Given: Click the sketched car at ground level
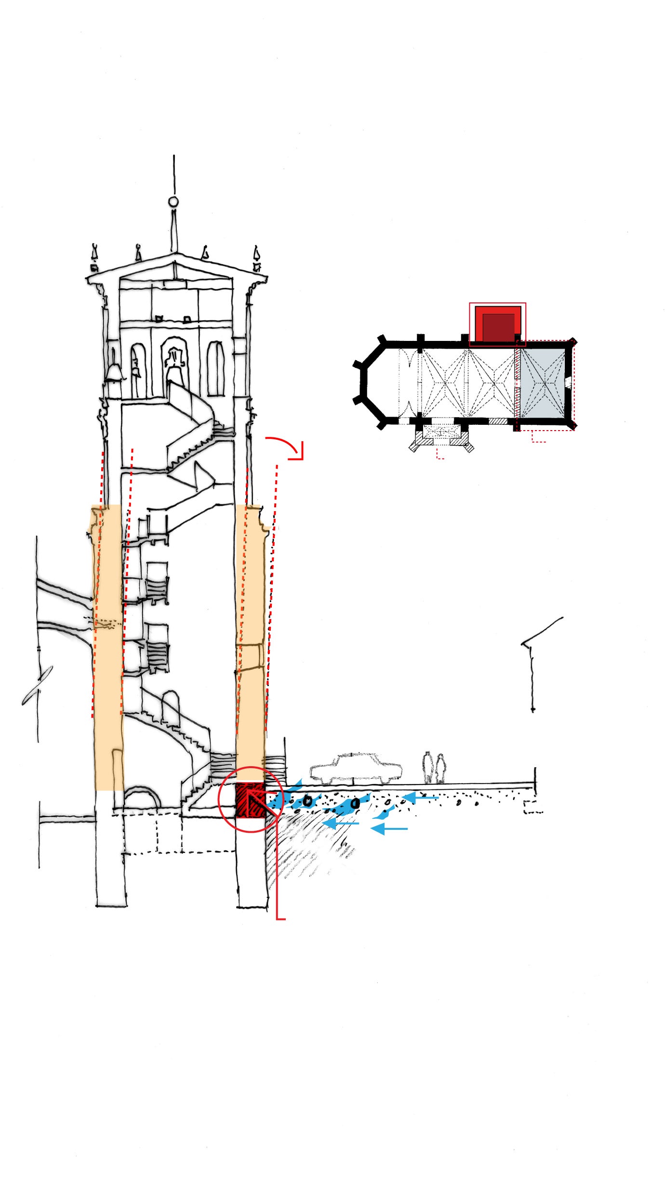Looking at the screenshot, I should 356,768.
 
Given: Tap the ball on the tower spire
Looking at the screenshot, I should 173,202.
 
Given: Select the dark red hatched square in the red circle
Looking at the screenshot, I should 250,800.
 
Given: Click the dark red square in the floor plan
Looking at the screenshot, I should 498,327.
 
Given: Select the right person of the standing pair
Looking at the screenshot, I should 440,768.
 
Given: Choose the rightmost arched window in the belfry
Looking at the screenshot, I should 215,368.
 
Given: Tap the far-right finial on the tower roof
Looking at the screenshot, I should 256,257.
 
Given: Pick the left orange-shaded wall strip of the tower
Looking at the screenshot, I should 108,646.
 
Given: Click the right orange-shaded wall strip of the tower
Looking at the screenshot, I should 250,641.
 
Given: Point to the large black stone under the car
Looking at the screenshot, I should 355,803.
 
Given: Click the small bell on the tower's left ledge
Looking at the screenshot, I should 114,372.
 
